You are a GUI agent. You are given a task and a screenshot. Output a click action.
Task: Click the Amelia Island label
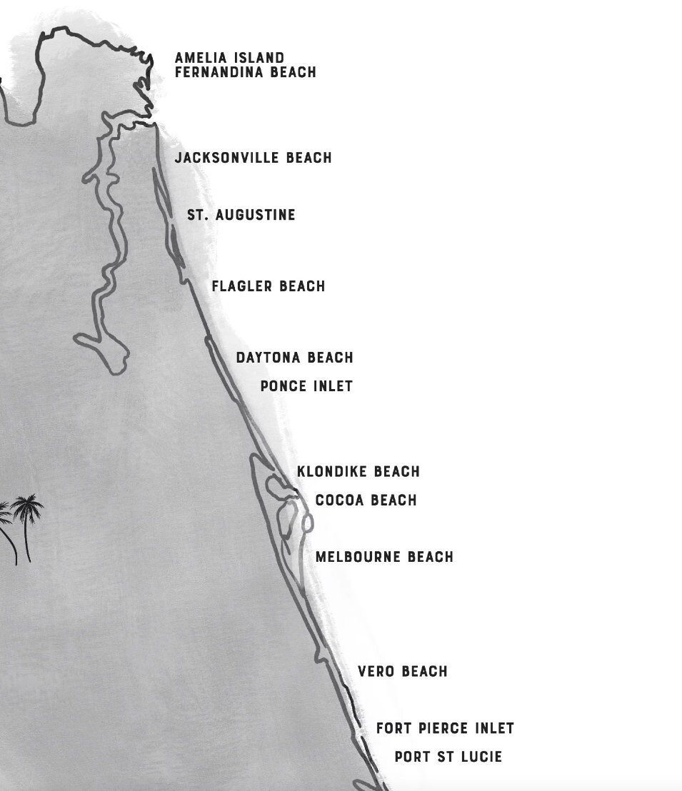229,58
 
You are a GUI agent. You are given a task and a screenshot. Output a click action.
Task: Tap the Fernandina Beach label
245,72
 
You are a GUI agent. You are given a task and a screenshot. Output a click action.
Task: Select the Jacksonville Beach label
253,158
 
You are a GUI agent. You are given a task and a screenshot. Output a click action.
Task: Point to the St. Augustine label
241,215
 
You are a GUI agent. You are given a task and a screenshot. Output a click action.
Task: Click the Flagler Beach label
268,286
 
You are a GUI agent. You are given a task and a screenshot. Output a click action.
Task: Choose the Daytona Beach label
294,358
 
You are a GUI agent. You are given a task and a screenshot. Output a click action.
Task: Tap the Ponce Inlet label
306,386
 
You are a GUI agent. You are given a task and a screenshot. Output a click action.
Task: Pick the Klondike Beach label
358,472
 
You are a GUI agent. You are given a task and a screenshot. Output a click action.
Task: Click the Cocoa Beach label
366,500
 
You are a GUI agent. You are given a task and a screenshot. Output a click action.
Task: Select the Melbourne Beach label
384,557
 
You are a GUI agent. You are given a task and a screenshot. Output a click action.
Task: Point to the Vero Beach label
402,672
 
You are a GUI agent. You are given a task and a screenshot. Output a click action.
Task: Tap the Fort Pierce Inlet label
445,729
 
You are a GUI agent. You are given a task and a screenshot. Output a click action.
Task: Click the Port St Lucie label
448,757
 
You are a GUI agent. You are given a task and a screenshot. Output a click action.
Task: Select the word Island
260,58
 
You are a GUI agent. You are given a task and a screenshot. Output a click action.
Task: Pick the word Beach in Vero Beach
424,672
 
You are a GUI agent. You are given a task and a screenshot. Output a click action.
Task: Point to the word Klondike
332,472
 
